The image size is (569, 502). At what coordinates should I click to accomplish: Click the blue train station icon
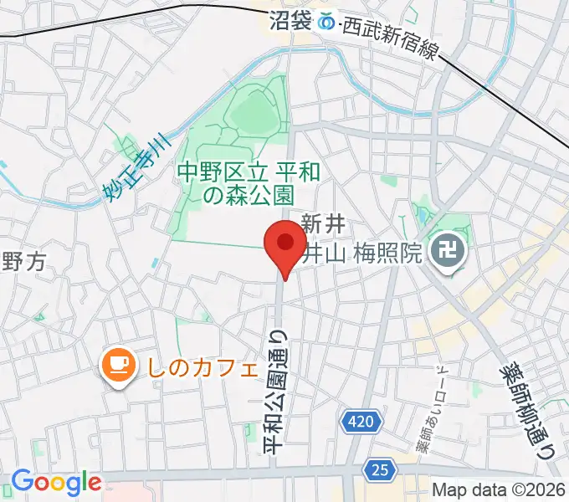click(x=328, y=21)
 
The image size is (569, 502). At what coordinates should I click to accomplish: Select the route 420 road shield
click(x=358, y=423)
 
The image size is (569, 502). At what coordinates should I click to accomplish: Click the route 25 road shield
click(x=381, y=471)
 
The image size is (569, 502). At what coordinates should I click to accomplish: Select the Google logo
click(x=56, y=483)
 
